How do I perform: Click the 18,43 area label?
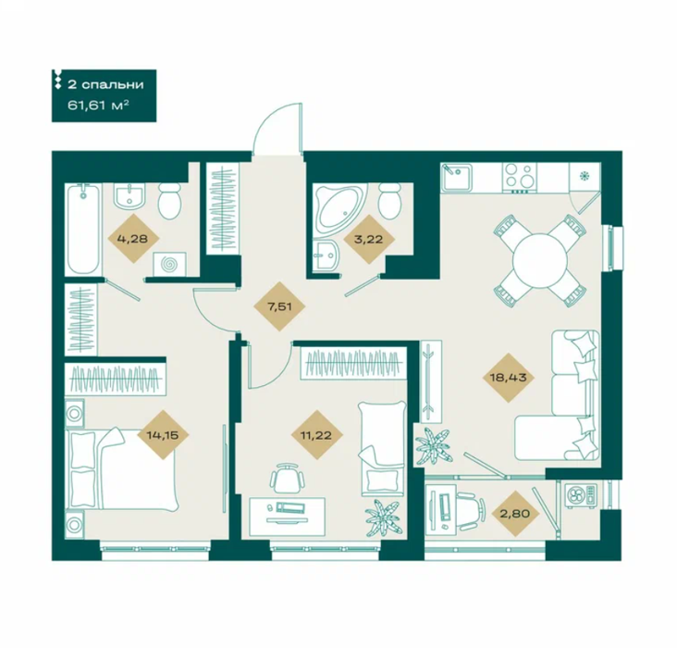(508, 378)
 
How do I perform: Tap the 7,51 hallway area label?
(280, 306)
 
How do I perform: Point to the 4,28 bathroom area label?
(133, 238)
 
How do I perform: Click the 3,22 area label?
(368, 239)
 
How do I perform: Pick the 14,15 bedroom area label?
(163, 434)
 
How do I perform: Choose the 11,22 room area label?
(316, 435)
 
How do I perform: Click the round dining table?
(540, 260)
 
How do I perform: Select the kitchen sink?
(457, 177)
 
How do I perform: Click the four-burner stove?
(519, 178)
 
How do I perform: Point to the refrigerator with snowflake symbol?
(585, 177)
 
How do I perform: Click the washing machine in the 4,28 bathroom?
(169, 264)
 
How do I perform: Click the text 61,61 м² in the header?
(98, 105)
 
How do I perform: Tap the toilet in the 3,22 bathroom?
(389, 200)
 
